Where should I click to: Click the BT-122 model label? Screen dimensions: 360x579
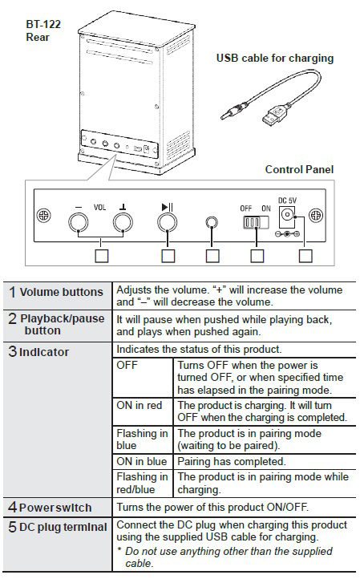tap(43, 25)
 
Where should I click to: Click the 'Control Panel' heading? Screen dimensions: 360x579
tap(299, 169)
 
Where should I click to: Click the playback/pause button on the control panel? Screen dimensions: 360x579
tap(168, 223)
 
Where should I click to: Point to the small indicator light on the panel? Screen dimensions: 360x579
tap(211, 222)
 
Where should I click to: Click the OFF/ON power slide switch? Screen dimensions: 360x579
tap(256, 222)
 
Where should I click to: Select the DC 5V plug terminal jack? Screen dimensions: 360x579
tap(287, 214)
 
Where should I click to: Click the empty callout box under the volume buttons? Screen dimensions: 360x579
tap(102, 256)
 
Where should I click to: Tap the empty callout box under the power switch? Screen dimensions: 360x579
tap(257, 256)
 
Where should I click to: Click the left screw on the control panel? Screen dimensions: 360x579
tap(44, 215)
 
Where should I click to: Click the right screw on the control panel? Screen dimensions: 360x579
tap(316, 215)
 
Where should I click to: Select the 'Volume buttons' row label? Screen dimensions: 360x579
tap(56, 292)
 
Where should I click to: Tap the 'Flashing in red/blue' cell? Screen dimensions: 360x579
tap(143, 483)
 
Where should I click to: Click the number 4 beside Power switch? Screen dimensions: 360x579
tap(12, 507)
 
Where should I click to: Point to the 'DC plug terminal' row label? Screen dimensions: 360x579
tap(58, 527)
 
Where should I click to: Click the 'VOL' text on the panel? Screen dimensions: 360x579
tap(99, 207)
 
